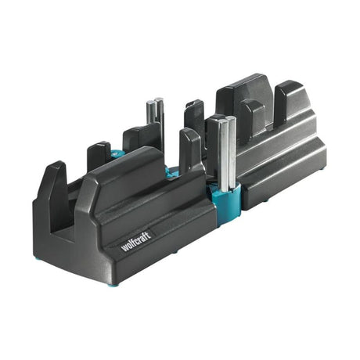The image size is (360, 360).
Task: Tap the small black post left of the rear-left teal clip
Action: click(98, 156)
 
